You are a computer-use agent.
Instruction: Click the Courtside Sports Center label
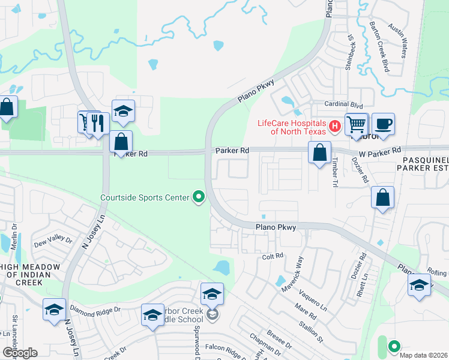[145, 197]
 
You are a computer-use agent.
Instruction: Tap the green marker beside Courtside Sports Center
[199, 196]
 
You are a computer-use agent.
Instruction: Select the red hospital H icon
[335, 126]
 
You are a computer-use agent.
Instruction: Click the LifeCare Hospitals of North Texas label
[292, 127]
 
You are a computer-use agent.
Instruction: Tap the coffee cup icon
[383, 124]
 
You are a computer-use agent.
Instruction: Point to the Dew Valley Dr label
[53, 241]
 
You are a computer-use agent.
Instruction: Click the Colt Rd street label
[273, 256]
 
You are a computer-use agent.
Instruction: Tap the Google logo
[20, 352]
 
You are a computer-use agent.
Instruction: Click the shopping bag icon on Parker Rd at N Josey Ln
[121, 142]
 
